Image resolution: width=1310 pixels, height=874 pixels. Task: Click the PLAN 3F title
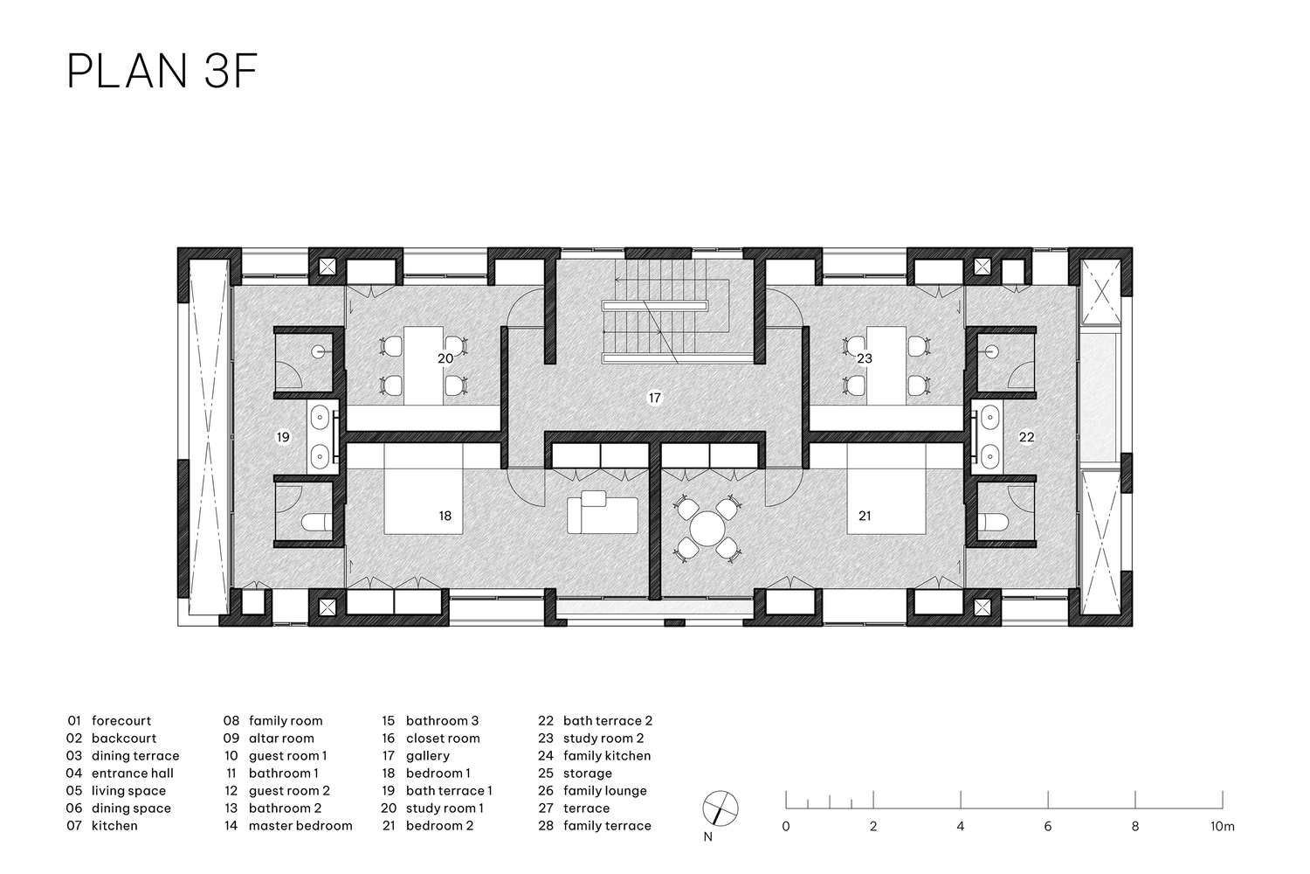162,72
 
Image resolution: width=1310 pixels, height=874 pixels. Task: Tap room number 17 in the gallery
654,398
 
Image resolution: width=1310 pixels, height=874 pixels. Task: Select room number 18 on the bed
445,516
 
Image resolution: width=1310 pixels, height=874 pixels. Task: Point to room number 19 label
283,437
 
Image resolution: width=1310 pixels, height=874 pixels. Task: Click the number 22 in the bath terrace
1026,437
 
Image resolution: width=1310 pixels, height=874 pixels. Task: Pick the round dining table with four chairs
707,529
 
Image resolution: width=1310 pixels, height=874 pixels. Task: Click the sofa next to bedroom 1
603,513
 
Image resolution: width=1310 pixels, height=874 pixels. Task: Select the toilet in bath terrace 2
993,522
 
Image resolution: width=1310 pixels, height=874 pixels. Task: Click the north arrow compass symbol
720,808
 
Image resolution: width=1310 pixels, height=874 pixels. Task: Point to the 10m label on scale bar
1223,826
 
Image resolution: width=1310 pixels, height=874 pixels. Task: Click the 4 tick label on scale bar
961,826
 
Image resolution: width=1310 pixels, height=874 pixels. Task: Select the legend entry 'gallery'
428,756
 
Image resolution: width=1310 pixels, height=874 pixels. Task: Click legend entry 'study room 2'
603,739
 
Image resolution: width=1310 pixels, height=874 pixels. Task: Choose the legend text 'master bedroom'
300,825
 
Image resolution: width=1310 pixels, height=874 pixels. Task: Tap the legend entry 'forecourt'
121,721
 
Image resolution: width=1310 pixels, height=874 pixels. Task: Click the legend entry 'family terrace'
607,825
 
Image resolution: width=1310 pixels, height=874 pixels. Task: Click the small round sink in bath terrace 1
318,352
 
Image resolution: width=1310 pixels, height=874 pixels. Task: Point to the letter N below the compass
707,837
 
